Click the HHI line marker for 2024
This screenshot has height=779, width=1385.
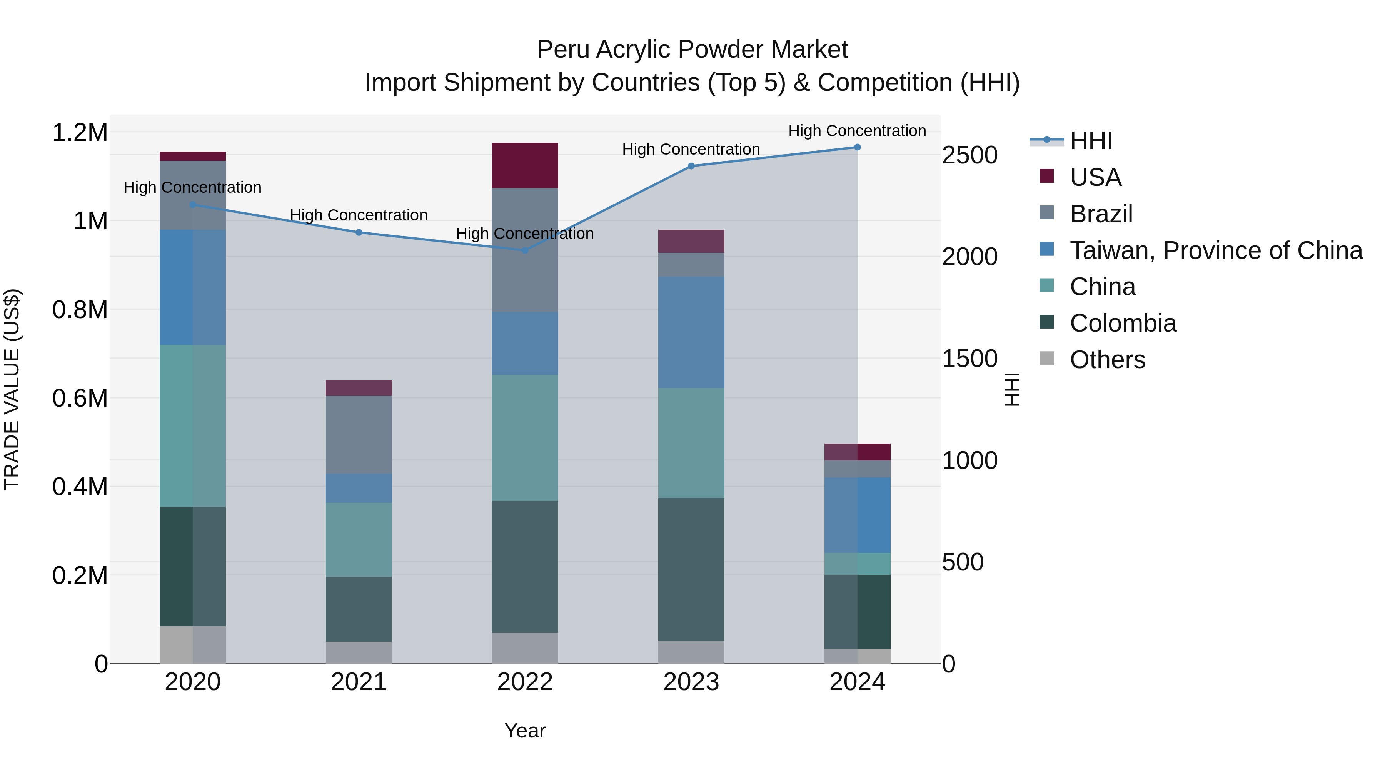tap(857, 147)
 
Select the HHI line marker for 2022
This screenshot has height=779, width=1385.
tap(525, 250)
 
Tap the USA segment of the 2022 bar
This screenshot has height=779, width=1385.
tap(525, 165)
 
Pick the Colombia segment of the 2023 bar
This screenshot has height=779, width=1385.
tap(691, 569)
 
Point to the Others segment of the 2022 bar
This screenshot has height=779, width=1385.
tap(525, 648)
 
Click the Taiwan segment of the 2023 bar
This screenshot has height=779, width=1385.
tap(691, 332)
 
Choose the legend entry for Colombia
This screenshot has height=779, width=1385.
tap(1123, 323)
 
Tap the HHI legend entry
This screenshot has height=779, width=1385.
tap(1090, 141)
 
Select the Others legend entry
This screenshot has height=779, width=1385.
tap(1107, 360)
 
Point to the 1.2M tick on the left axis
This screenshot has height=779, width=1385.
tap(80, 132)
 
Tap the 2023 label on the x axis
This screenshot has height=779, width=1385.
tap(691, 682)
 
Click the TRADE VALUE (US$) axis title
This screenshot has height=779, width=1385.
tap(12, 389)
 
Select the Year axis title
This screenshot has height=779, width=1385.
tap(525, 731)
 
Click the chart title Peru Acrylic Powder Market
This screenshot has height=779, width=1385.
tap(692, 50)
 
